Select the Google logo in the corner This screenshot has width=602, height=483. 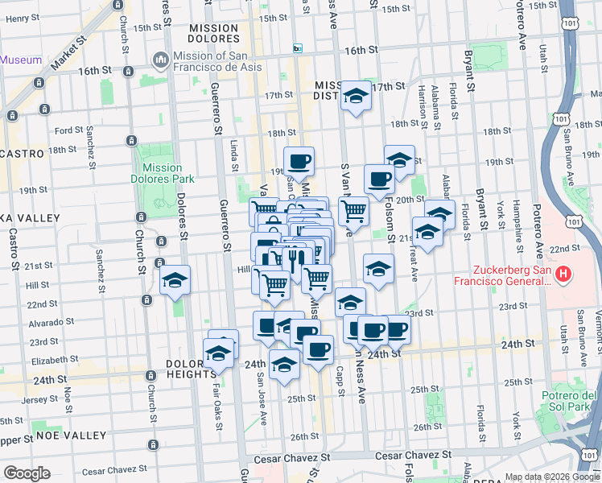point(27,473)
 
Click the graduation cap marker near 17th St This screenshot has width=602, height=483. point(354,97)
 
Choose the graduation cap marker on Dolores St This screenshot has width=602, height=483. point(174,282)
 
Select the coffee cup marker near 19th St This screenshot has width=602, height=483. point(299,161)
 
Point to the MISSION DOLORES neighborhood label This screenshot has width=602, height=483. point(213,34)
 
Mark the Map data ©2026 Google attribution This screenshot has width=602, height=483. point(551,477)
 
